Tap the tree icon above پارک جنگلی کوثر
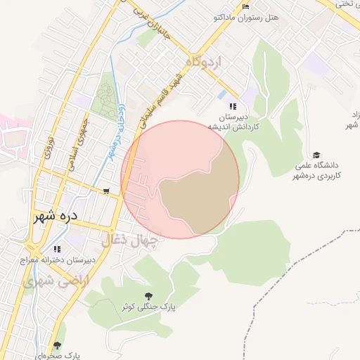(148, 296)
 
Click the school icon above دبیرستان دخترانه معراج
(56, 248)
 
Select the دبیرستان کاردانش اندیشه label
(233, 122)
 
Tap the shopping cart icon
(105, 191)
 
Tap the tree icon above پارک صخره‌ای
(57, 345)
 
